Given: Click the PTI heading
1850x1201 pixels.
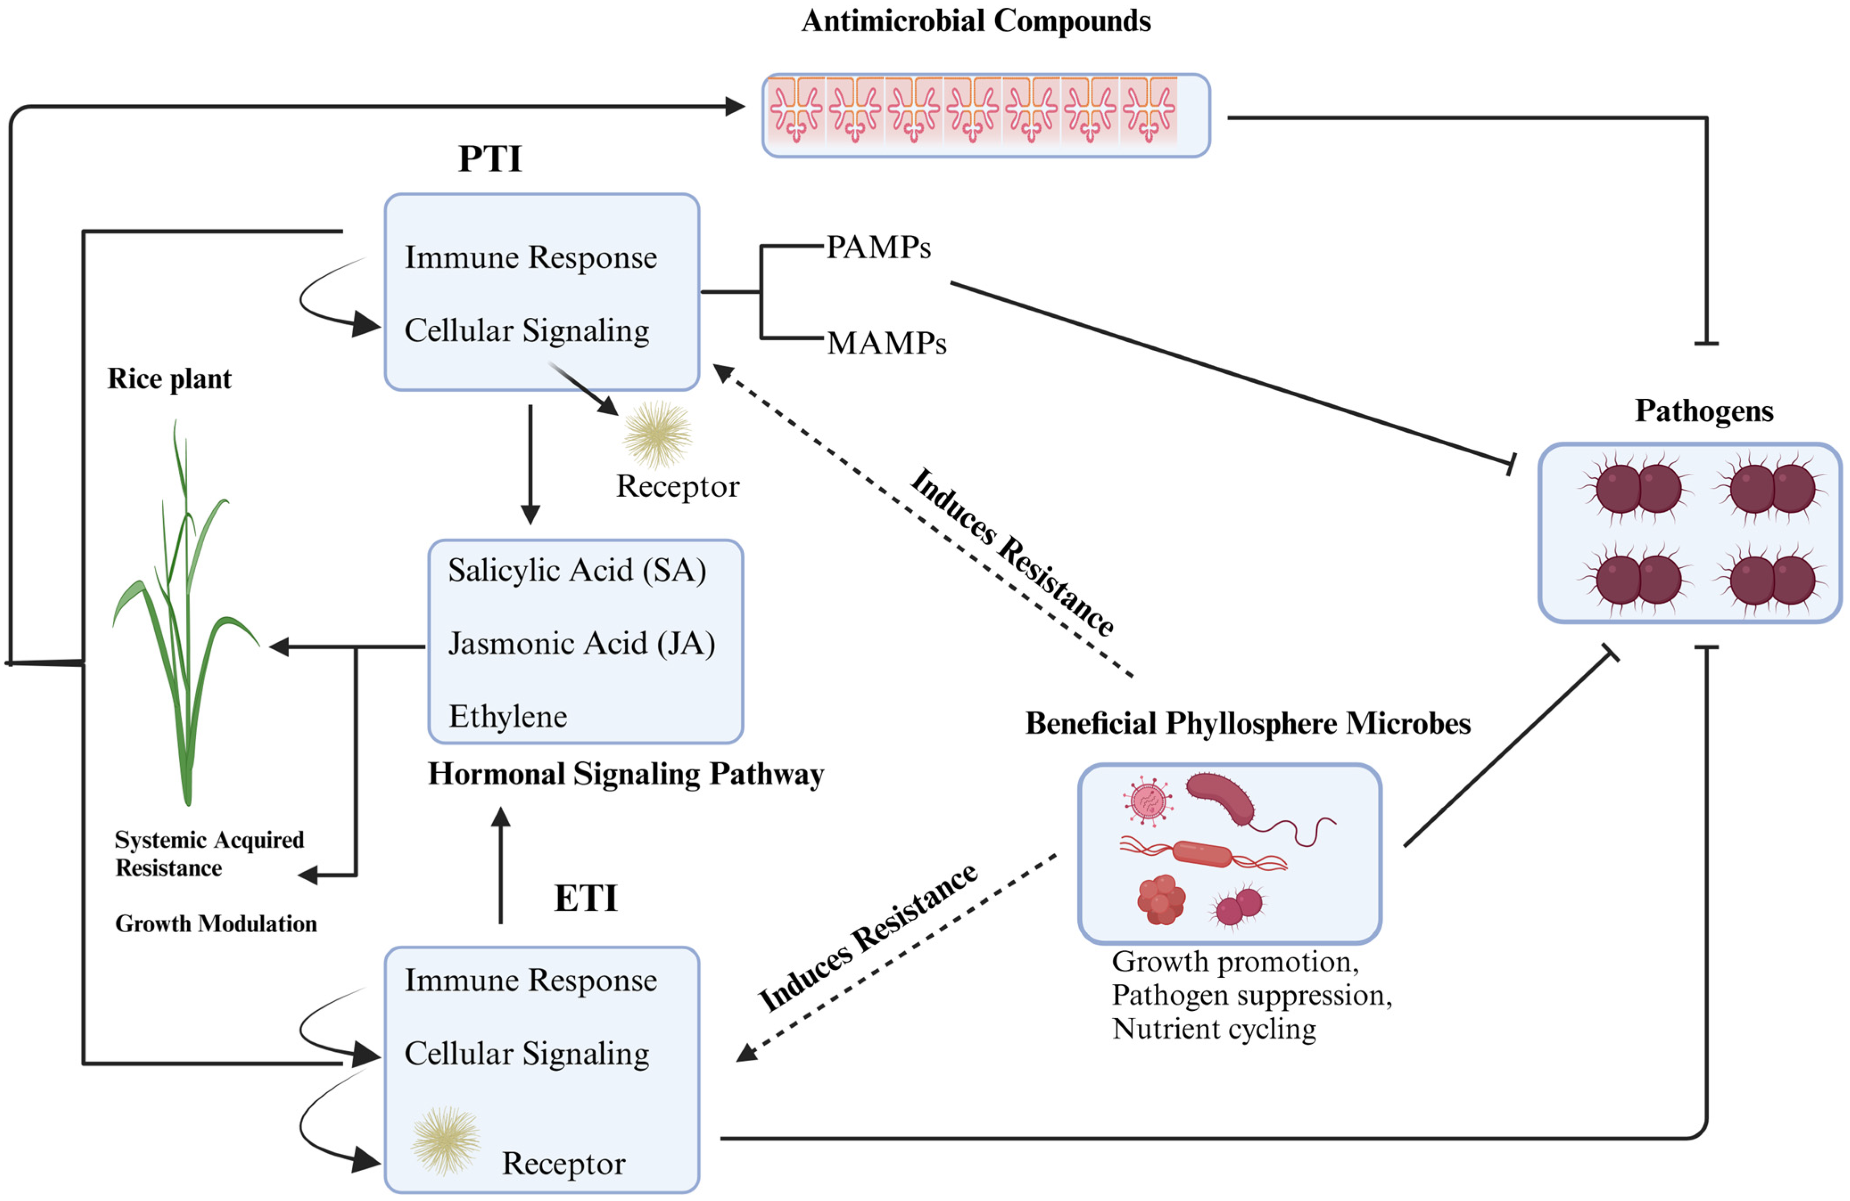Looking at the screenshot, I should coord(490,159).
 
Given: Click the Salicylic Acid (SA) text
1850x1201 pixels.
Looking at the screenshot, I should coord(577,570).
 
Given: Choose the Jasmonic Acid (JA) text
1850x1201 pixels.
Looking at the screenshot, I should coord(581,643).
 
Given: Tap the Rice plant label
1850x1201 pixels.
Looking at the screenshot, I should coord(169,379).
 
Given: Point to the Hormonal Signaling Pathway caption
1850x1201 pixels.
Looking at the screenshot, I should coord(626,775).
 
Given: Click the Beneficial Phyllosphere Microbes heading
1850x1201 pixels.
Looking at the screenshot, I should coord(1248,723).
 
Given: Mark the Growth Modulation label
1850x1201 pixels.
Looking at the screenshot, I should coord(216,924).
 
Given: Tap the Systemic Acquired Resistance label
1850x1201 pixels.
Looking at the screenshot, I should coord(208,853).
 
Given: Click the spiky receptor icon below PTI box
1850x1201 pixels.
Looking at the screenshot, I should coord(658,435).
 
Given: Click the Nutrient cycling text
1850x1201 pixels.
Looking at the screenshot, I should coord(1214,1029).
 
